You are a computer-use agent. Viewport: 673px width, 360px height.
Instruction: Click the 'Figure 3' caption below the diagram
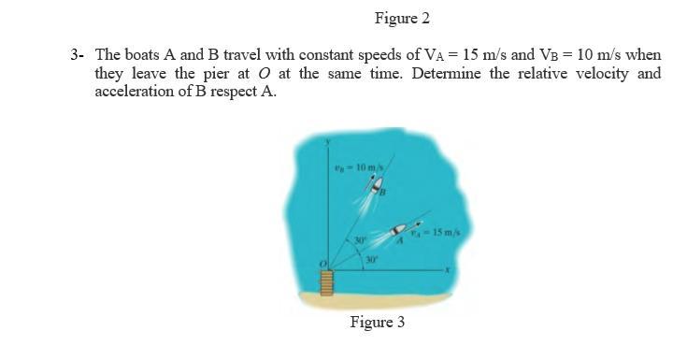coord(377,323)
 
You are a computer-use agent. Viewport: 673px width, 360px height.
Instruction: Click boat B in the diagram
coord(379,187)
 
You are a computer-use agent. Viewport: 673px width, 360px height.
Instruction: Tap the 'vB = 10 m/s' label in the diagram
coord(354,167)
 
